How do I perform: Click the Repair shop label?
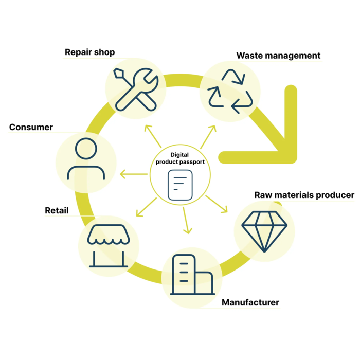(x=89, y=52)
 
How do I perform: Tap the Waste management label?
(x=278, y=56)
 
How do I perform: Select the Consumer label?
(x=31, y=127)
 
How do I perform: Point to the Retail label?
(x=57, y=210)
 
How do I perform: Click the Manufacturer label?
(x=250, y=302)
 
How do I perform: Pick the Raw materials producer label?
(x=304, y=195)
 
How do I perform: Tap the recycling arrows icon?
(x=230, y=92)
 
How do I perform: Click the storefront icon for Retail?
(x=109, y=246)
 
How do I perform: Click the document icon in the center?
(x=179, y=185)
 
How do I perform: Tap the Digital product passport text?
(x=180, y=158)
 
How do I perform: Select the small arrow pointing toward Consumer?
(x=133, y=175)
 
